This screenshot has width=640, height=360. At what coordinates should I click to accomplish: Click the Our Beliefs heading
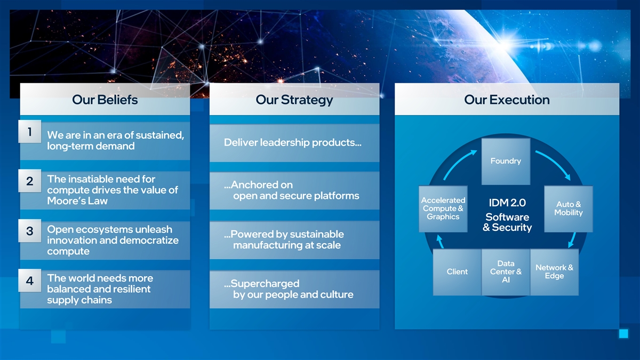[x=105, y=100]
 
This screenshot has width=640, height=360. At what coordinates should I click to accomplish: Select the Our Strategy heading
[x=294, y=100]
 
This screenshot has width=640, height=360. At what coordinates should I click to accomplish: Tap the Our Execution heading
[x=507, y=100]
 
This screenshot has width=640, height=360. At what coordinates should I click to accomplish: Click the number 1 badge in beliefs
[x=30, y=131]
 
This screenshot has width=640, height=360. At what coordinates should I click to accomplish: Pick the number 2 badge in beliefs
[x=30, y=181]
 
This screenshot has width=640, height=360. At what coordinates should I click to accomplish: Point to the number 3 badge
[x=30, y=231]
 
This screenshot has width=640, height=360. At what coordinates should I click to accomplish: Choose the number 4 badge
[x=30, y=281]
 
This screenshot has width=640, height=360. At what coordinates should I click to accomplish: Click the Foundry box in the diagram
[x=505, y=161]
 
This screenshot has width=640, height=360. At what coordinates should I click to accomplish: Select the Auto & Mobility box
[x=568, y=209]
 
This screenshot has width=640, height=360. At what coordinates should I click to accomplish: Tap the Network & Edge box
[x=554, y=271]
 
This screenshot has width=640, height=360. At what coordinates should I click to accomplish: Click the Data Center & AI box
[x=505, y=271]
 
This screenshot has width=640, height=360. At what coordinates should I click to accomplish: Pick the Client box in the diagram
[x=457, y=272]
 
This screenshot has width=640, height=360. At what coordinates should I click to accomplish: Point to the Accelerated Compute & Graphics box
[x=443, y=209]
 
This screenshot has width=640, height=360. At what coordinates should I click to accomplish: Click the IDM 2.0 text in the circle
[x=507, y=203]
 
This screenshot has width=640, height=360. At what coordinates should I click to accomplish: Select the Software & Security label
[x=507, y=222]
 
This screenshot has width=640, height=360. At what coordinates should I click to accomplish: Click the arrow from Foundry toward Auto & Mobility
[x=552, y=164]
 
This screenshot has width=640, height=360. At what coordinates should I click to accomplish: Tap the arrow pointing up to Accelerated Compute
[x=439, y=242]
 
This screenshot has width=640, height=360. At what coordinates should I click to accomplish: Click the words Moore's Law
[x=77, y=201]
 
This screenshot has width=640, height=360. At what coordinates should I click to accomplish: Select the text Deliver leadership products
[x=293, y=142]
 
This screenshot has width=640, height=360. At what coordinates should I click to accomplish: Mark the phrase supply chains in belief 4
[x=79, y=300]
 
